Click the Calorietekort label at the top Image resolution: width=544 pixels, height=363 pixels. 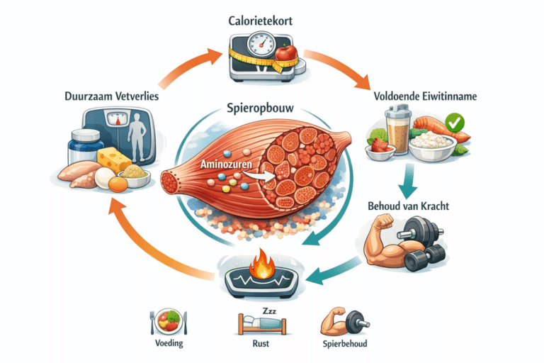point(271,21)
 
